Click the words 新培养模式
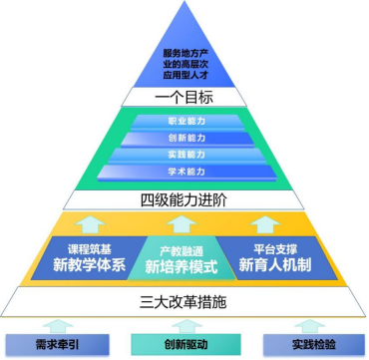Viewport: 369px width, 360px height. coord(184,267)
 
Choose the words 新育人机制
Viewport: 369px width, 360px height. coord(276,264)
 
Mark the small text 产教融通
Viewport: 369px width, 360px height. coord(184,250)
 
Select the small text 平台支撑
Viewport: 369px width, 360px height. coord(275,246)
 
